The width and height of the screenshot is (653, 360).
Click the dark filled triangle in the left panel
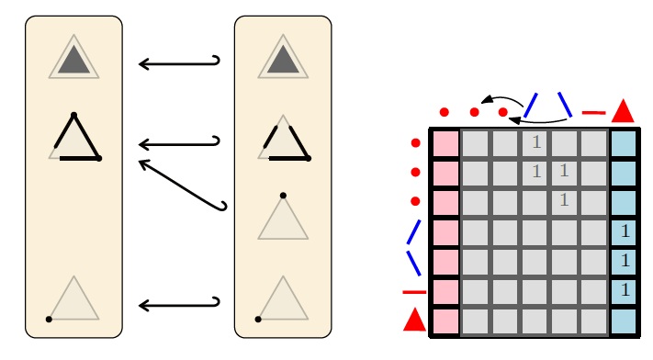coord(73,62)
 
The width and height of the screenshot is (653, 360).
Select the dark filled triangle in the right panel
coord(283,62)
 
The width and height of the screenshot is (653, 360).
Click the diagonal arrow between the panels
coord(183,185)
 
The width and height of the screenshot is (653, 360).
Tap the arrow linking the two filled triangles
coord(179,63)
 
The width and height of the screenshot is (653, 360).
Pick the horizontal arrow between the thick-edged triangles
coord(179,144)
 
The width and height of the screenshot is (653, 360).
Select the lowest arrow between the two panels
coord(179,306)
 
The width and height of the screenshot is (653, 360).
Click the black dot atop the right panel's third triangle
coord(283,196)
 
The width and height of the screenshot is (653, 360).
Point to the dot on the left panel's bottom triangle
coord(49,320)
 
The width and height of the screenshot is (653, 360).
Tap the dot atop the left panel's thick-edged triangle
coord(73,115)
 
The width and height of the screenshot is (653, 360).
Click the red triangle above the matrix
coord(623,112)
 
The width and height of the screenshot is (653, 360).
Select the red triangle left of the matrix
coord(415,320)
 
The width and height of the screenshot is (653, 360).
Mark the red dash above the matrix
coord(593,112)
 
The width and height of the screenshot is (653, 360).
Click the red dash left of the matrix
coord(414,292)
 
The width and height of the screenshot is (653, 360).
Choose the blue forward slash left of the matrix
coord(414,231)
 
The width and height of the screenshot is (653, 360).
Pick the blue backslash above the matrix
coord(565,105)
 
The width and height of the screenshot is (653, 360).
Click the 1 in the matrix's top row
coord(536,142)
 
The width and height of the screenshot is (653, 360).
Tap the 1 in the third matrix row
coord(564,200)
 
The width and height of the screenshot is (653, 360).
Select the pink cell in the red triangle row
coord(445,321)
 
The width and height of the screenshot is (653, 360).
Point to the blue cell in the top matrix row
coord(624,144)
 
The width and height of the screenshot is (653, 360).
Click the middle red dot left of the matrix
coord(415,172)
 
